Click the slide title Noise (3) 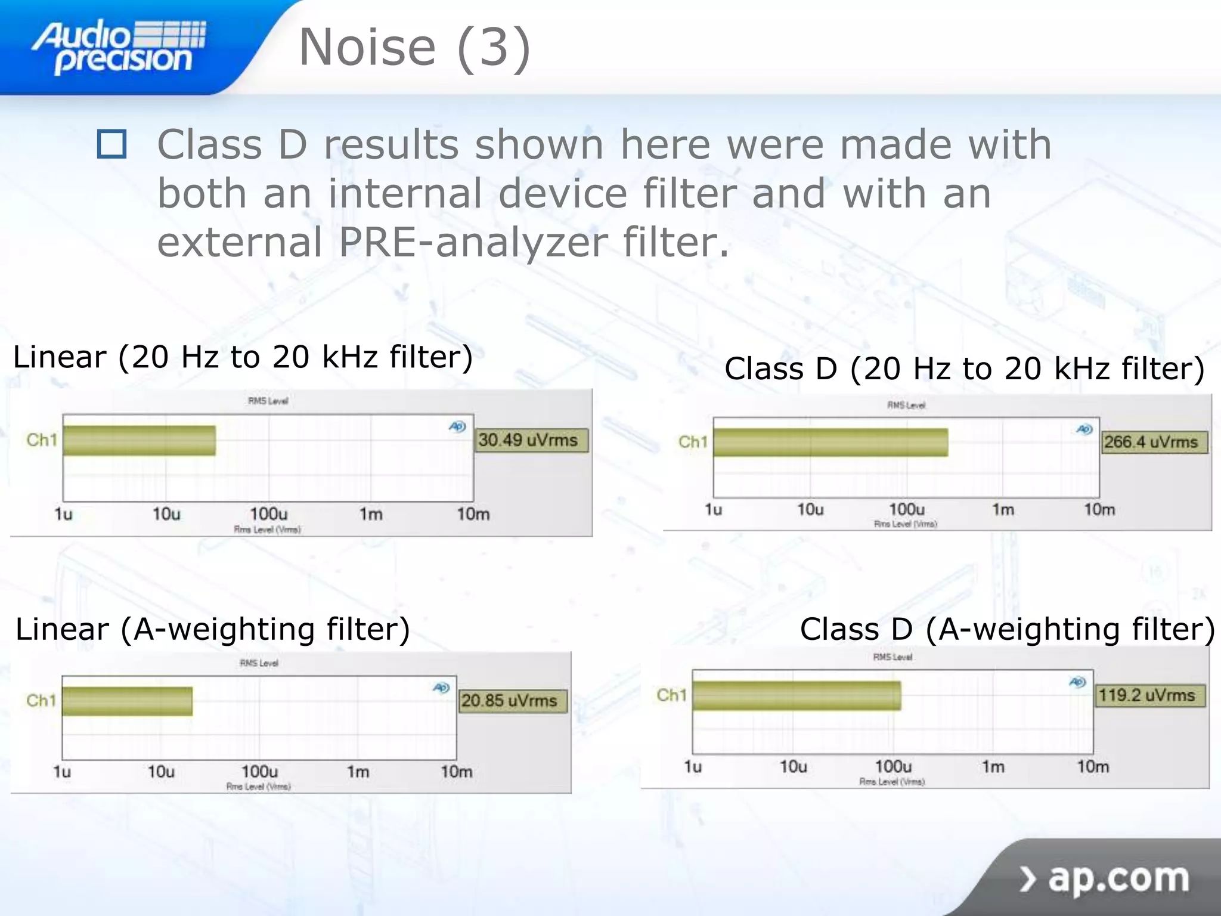(x=414, y=48)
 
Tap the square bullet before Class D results (x=111, y=144)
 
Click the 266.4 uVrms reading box (x=1153, y=442)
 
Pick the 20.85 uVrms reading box (x=512, y=700)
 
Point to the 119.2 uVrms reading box (x=1149, y=695)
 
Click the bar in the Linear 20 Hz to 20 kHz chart (x=140, y=441)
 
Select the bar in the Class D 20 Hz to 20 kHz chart (x=830, y=442)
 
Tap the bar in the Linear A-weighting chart (x=128, y=701)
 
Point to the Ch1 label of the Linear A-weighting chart (x=41, y=700)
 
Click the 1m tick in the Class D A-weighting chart (x=993, y=766)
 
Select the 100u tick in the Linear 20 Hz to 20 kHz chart (x=268, y=514)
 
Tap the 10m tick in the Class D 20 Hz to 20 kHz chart (x=1099, y=510)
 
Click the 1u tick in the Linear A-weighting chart (x=62, y=772)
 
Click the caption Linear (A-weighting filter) (x=213, y=630)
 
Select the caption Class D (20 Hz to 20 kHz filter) (x=964, y=369)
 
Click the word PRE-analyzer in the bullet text (x=473, y=242)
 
